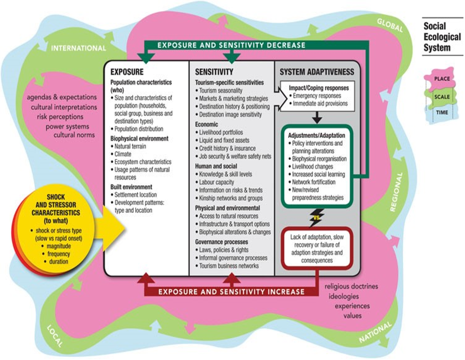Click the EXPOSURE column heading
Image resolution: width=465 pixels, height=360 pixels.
pos(127,72)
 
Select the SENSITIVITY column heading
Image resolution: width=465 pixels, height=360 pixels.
pos(214,72)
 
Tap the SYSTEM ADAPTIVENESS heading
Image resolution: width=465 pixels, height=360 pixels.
pos(317,72)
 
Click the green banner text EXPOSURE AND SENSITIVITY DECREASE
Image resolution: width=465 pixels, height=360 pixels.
pos(231,45)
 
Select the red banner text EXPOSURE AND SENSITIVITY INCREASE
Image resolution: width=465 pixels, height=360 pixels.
pos(231,292)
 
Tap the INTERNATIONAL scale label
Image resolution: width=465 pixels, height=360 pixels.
pos(78,48)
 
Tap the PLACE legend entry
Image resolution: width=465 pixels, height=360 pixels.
pos(441,79)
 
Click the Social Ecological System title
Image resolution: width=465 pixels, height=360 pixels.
pos(437,37)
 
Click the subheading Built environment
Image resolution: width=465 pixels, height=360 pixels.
pos(131,186)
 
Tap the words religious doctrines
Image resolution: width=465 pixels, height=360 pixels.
pos(350,287)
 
